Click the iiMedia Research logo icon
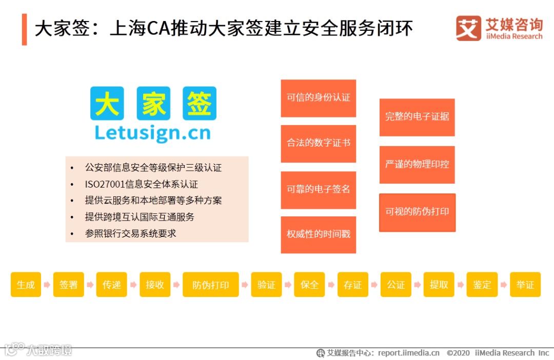point(468,28)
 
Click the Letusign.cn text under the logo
point(153,133)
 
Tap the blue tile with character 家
point(153,103)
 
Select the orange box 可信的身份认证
point(318,98)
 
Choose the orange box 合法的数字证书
point(318,144)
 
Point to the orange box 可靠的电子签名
point(318,190)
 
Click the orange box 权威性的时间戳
point(318,235)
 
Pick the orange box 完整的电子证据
point(417,117)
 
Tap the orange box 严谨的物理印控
point(417,165)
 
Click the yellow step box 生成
point(26,285)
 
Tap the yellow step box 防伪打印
point(210,285)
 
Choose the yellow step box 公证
point(395,285)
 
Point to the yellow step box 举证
point(525,285)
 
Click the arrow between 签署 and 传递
point(89,285)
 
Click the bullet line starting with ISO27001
point(141,184)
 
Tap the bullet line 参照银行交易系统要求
point(130,233)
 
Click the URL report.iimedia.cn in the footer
point(409,353)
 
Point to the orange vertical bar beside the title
point(24,29)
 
